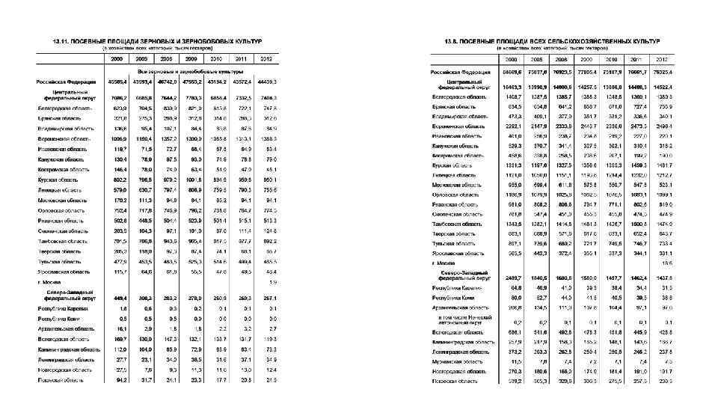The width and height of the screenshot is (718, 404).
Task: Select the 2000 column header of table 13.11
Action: pyautogui.click(x=117, y=58)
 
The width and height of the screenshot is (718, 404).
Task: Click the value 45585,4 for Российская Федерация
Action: pyautogui.click(x=117, y=82)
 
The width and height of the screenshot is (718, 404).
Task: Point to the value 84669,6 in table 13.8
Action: pyautogui.click(x=512, y=73)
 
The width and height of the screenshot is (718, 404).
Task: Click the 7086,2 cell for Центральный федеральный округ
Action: pyautogui.click(x=117, y=97)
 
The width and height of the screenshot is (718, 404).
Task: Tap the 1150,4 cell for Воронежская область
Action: pyautogui.click(x=143, y=139)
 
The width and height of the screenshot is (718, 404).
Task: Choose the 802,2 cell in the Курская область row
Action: pyautogui.click(x=119, y=180)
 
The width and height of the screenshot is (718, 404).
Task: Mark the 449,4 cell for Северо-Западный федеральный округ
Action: pyautogui.click(x=119, y=296)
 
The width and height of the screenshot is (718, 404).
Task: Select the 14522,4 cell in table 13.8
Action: pyautogui.click(x=660, y=87)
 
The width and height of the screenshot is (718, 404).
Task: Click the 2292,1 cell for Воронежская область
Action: pyautogui.click(x=512, y=126)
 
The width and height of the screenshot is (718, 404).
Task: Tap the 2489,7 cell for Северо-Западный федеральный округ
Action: pyautogui.click(x=512, y=277)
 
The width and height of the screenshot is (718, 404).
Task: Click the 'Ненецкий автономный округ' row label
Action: pyautogui.click(x=460, y=321)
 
